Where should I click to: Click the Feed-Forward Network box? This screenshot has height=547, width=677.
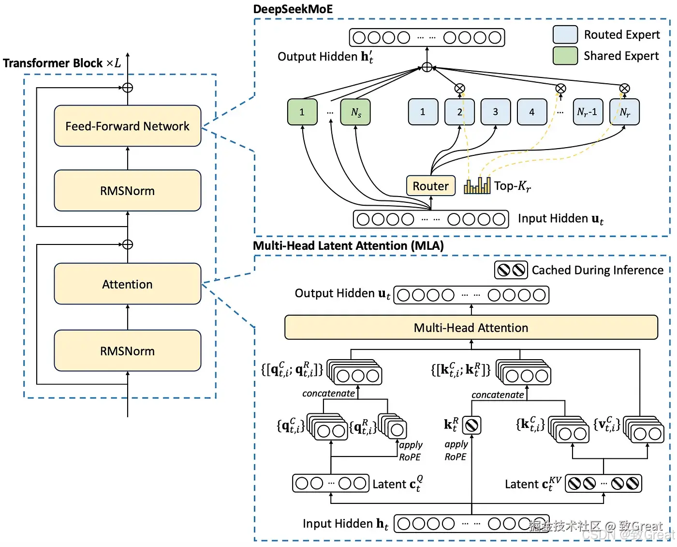pyautogui.click(x=127, y=126)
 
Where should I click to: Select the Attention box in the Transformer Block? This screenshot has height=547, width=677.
pyautogui.click(x=127, y=284)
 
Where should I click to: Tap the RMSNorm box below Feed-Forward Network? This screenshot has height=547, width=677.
pyautogui.click(x=127, y=191)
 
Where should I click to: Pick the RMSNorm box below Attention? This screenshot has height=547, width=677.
pyautogui.click(x=127, y=351)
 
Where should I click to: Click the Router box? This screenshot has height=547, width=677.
pyautogui.click(x=430, y=186)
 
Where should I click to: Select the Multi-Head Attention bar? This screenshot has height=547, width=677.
pyautogui.click(x=471, y=328)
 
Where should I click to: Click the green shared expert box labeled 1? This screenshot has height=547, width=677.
pyautogui.click(x=302, y=112)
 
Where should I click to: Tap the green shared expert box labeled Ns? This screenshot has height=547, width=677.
pyautogui.click(x=355, y=112)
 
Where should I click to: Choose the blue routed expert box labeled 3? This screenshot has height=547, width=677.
pyautogui.click(x=496, y=112)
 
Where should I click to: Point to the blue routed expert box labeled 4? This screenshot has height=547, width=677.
pyautogui.click(x=532, y=112)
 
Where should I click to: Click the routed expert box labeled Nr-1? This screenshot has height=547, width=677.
pyautogui.click(x=588, y=112)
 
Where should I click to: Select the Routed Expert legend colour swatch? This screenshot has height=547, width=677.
pyautogui.click(x=565, y=35)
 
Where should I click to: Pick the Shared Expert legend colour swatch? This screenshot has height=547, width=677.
pyautogui.click(x=565, y=56)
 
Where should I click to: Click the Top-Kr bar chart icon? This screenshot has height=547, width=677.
pyautogui.click(x=477, y=186)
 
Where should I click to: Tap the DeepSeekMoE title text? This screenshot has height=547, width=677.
pyautogui.click(x=293, y=9)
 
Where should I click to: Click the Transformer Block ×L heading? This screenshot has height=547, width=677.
pyautogui.click(x=62, y=63)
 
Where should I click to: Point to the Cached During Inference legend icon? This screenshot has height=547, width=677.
pyautogui.click(x=511, y=270)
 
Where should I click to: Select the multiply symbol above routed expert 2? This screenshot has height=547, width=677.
pyautogui.click(x=460, y=88)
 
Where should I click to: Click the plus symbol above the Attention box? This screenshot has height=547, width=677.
pyautogui.click(x=128, y=244)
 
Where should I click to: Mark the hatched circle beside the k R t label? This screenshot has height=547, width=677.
pyautogui.click(x=471, y=425)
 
